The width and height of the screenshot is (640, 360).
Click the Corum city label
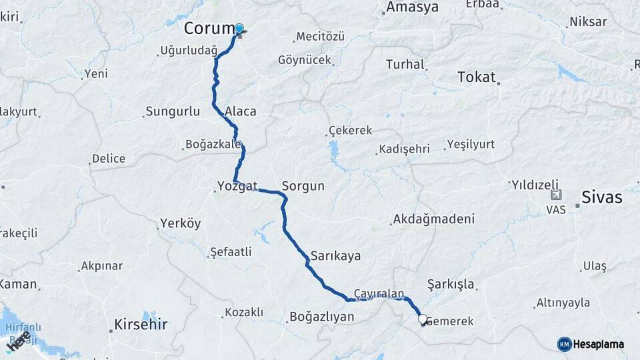tap(209, 29)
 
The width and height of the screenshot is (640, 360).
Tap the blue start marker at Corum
tap(239, 29)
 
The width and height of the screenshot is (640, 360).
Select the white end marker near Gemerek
tap(422, 319)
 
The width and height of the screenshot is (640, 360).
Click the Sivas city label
tap(601, 197)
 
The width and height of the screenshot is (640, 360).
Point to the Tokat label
tap(477, 77)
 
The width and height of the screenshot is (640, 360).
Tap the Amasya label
tap(413, 8)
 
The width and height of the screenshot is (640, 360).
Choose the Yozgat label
tap(237, 186)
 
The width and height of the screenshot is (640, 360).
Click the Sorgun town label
tap(303, 186)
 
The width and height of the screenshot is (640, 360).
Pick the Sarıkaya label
tap(335, 256)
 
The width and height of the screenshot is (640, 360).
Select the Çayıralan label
tap(379, 293)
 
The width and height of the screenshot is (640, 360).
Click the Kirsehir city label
tap(140, 325)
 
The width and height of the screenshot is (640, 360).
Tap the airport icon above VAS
tap(556, 195)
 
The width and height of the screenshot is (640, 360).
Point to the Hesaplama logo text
tap(599, 344)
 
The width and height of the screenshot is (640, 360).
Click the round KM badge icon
tap(565, 344)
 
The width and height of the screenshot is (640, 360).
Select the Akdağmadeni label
tap(433, 219)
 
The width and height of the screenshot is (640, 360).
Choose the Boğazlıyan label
tap(321, 317)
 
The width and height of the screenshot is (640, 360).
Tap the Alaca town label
tap(241, 111)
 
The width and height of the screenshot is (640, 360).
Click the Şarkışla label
tap(451, 285)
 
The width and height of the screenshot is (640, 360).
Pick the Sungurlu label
tap(167, 111)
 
